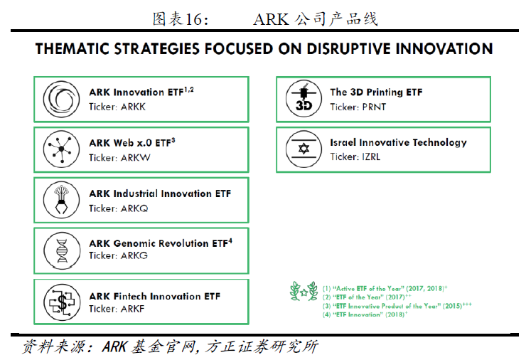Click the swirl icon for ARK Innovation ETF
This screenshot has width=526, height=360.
(x=61, y=99)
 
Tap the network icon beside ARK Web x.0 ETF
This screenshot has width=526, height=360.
(x=61, y=149)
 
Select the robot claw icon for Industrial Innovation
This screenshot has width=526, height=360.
(x=61, y=200)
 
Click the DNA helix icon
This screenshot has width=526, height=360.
(x=62, y=250)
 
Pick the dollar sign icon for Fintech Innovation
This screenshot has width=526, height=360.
(x=62, y=302)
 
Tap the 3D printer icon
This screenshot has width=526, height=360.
(x=304, y=98)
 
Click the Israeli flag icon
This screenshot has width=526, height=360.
(x=304, y=149)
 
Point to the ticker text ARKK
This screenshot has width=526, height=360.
(x=133, y=107)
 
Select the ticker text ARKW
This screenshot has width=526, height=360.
(x=136, y=157)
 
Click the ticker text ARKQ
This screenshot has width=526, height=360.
(x=134, y=208)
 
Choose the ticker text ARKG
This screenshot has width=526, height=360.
(x=134, y=255)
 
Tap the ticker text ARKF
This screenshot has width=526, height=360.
(x=132, y=309)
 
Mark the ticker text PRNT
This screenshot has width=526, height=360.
(x=374, y=107)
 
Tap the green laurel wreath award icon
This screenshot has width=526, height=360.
(x=304, y=291)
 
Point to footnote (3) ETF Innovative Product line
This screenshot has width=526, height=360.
(x=397, y=306)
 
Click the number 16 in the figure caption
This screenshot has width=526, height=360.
(x=193, y=19)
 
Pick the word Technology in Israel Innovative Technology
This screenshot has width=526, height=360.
(x=439, y=143)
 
